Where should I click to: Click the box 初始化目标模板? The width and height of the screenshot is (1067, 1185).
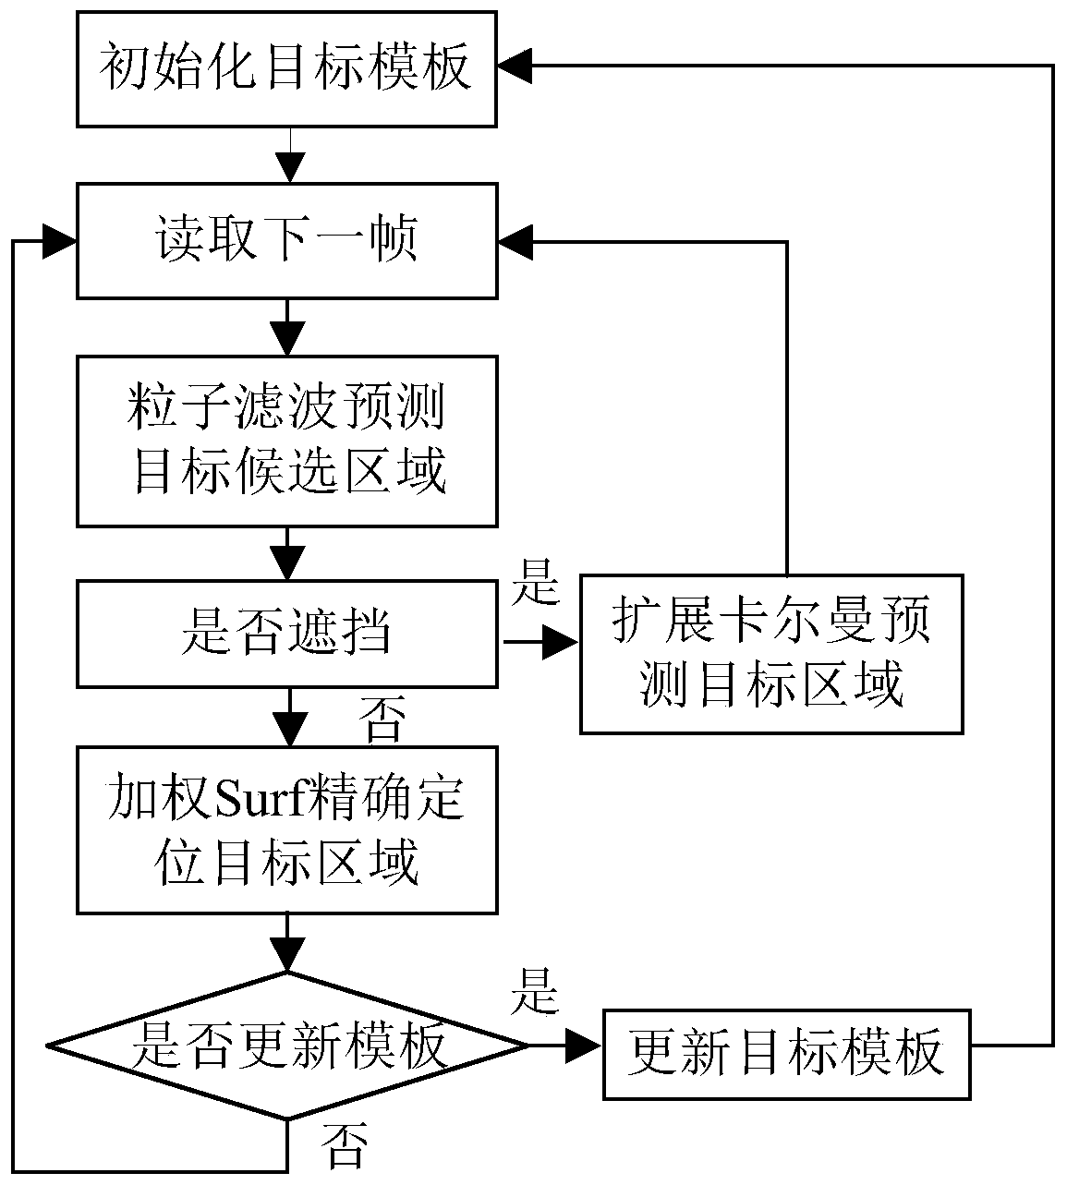286,69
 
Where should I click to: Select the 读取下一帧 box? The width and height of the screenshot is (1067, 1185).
286,241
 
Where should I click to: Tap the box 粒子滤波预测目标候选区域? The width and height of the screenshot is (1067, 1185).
286,441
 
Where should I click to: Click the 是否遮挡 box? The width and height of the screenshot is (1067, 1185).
286,634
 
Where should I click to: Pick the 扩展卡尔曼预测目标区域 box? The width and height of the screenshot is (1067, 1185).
771,654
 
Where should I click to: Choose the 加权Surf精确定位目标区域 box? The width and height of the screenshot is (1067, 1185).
286,830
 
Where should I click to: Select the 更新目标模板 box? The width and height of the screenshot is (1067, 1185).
787,1052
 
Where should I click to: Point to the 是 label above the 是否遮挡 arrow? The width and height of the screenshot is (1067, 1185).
536,581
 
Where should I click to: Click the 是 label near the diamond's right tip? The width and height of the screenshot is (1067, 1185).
535,992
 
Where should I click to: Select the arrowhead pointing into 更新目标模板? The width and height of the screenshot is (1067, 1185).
584,1046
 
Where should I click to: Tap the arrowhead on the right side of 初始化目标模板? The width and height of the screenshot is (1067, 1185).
515,66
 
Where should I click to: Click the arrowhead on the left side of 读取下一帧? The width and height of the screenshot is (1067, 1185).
60,241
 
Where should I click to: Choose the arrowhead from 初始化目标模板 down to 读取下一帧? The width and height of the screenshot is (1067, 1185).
290,168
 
